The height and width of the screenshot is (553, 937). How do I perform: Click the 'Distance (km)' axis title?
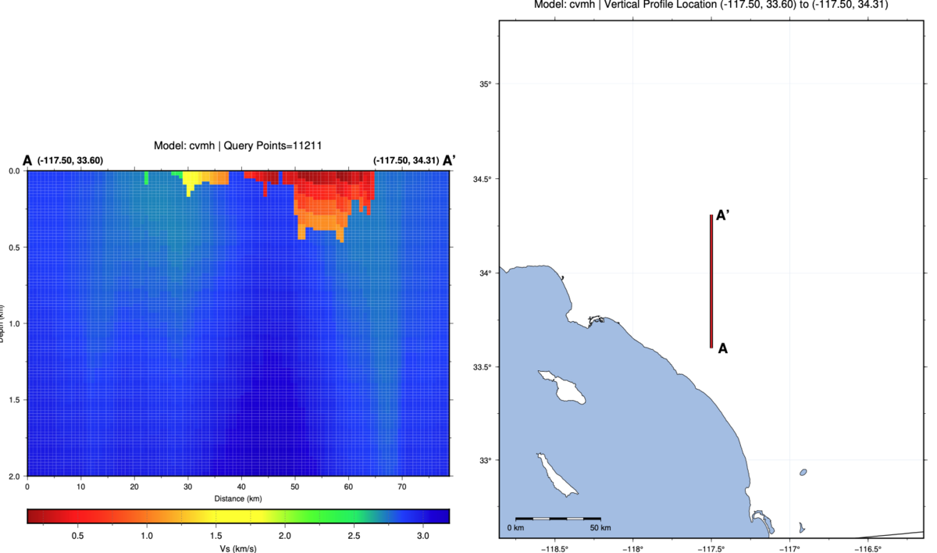tap(237, 498)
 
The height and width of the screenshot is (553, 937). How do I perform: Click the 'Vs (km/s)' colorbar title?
tap(237, 549)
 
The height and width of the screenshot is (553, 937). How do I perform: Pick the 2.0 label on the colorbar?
tap(284, 536)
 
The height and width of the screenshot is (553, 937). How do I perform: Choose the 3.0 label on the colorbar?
tap(422, 536)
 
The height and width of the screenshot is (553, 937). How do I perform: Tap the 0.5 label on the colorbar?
tap(78, 536)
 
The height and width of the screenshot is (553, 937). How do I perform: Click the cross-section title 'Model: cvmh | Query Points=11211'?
tap(237, 145)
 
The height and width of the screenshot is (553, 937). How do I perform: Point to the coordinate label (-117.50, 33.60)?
tap(70, 161)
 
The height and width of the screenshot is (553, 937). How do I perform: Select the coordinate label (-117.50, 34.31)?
tap(406, 161)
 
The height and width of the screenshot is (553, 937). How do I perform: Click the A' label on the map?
tap(723, 216)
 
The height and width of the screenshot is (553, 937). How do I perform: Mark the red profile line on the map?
tap(711, 281)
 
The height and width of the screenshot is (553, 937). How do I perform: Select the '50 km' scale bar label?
tap(600, 529)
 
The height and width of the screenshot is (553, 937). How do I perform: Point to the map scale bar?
tap(558, 518)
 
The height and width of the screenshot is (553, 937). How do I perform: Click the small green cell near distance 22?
tap(146, 179)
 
